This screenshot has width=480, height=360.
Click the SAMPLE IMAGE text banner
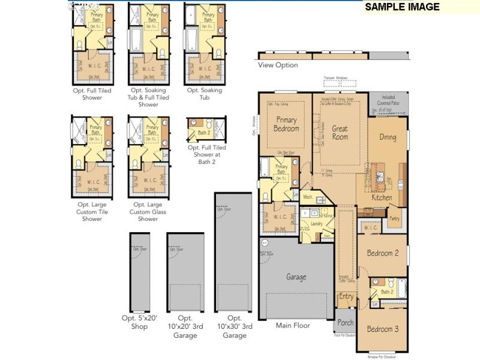point(402,7)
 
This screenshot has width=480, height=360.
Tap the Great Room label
point(340,133)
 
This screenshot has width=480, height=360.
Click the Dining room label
point(388,137)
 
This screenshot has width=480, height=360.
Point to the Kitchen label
point(382,197)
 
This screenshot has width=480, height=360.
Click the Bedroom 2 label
point(383,253)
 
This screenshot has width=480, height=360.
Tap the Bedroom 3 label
point(383,329)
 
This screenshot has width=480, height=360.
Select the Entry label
point(346,296)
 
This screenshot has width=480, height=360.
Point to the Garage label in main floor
point(296,277)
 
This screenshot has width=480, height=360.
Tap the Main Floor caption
point(293,326)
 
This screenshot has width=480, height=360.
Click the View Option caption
point(278,65)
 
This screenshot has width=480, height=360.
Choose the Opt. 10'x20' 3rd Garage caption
point(185,326)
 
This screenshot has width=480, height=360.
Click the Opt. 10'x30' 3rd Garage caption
point(234,326)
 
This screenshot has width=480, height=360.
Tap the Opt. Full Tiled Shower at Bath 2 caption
point(206,155)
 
